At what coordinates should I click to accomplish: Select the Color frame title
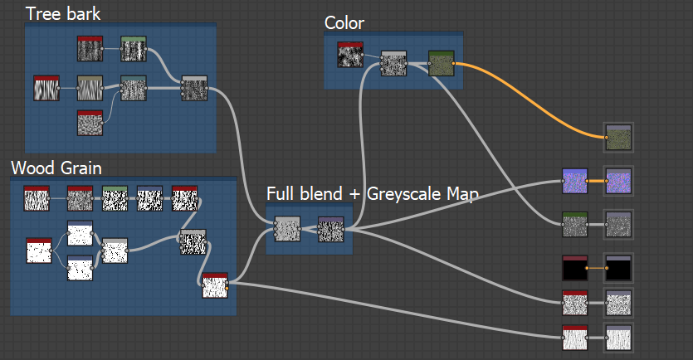coord(344,22)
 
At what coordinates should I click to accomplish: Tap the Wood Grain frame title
coord(56,168)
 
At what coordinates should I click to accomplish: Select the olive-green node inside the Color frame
coord(442,64)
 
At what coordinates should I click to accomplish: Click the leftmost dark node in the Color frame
coord(350,54)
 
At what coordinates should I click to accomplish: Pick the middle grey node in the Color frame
coord(393,64)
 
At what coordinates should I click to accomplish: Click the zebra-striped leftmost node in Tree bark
coord(46,88)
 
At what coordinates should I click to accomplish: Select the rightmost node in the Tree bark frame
coord(193,88)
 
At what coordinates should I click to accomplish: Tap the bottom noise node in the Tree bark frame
coord(90,123)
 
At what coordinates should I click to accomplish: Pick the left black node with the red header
coord(574,269)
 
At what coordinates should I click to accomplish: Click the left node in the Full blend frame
coord(286,228)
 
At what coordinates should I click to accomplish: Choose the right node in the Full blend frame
coord(330,228)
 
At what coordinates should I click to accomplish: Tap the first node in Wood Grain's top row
coord(37,199)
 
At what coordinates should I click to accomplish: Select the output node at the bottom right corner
coord(619,338)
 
